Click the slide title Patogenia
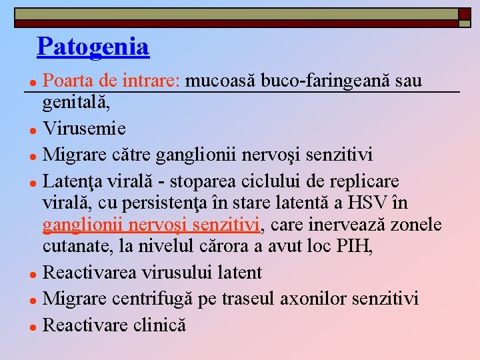tap(93, 47)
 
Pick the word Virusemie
tap(84, 127)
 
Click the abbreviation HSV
tap(379, 203)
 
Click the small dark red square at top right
tap(464, 14)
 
